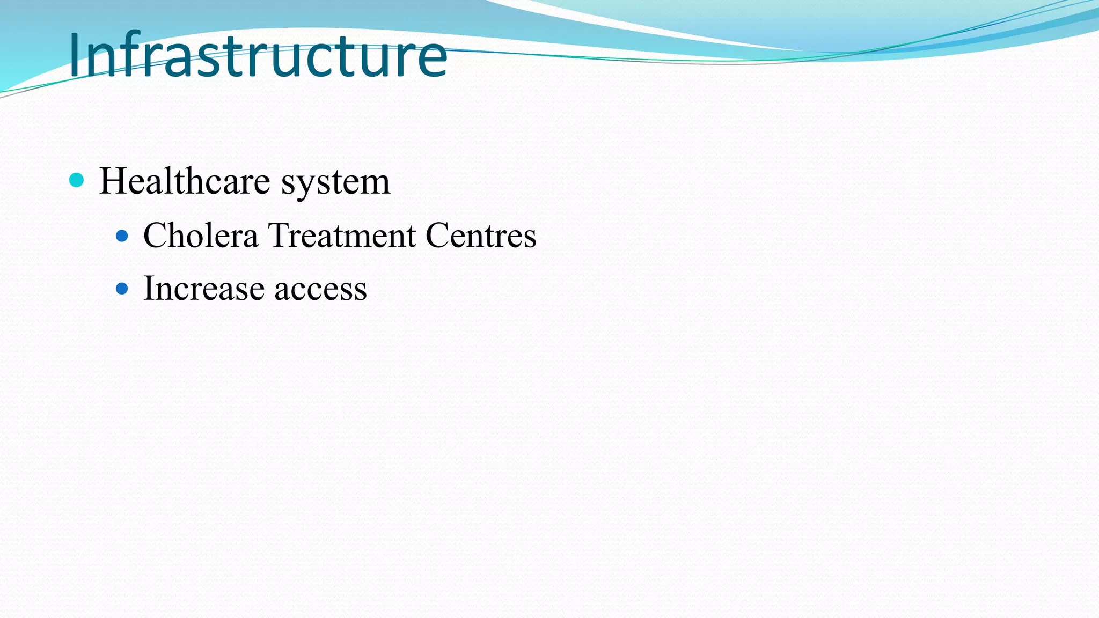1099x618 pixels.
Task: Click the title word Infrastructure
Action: click(258, 55)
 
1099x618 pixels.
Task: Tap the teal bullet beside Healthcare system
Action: click(77, 180)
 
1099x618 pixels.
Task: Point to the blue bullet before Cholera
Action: click(122, 236)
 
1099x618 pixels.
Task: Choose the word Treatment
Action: click(342, 235)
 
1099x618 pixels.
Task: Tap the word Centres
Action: click(481, 235)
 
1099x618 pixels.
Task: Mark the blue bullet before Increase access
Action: click(122, 289)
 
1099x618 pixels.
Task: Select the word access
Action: click(321, 289)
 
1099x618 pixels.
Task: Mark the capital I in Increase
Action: click(149, 288)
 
